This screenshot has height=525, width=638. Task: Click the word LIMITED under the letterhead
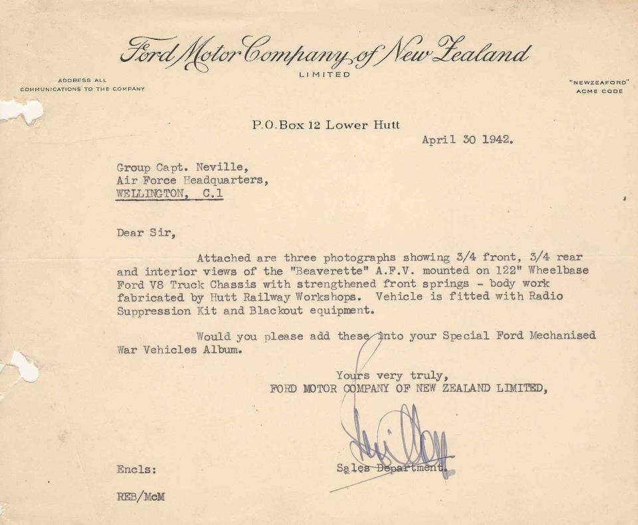coord(324,75)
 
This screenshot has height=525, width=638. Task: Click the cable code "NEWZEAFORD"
coord(599,82)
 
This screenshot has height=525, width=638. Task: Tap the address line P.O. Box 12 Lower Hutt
coord(326,124)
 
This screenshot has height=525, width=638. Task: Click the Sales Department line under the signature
coord(392,468)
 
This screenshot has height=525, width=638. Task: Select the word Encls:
coord(137,469)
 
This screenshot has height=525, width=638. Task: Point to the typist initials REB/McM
coord(140,497)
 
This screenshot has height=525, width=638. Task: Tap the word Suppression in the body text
coord(154,310)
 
